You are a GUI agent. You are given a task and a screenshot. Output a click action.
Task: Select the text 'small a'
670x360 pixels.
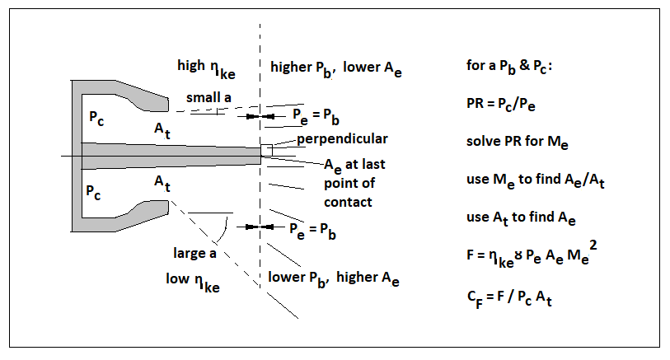pyautogui.click(x=208, y=97)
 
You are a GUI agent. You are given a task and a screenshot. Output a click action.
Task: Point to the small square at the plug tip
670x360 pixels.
pyautogui.click(x=265, y=150)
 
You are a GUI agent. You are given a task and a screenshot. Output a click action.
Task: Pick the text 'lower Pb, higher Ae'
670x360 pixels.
pyautogui.click(x=334, y=278)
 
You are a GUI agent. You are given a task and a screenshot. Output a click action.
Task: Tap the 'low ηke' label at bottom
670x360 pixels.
pyautogui.click(x=192, y=281)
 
